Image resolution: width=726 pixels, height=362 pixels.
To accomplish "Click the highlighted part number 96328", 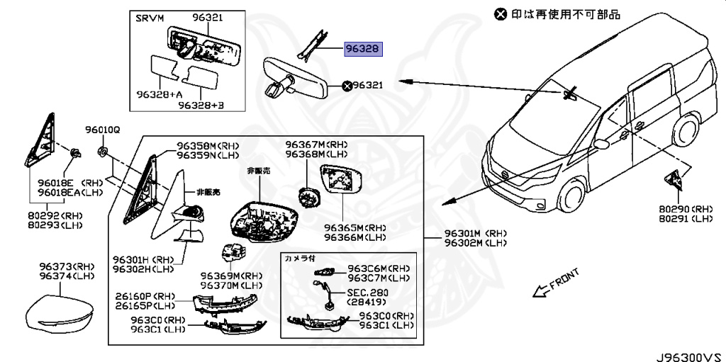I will pos(363,49).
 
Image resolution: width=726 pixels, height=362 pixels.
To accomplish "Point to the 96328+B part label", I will pos(201,105).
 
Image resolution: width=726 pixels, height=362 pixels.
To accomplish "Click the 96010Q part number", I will pos(104,130).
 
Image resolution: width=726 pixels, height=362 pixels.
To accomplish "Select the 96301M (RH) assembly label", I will pos(475,233).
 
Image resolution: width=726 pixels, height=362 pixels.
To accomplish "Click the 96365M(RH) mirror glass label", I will pos(355,227).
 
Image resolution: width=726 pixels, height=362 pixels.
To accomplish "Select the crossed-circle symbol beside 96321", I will pos(347,86).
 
